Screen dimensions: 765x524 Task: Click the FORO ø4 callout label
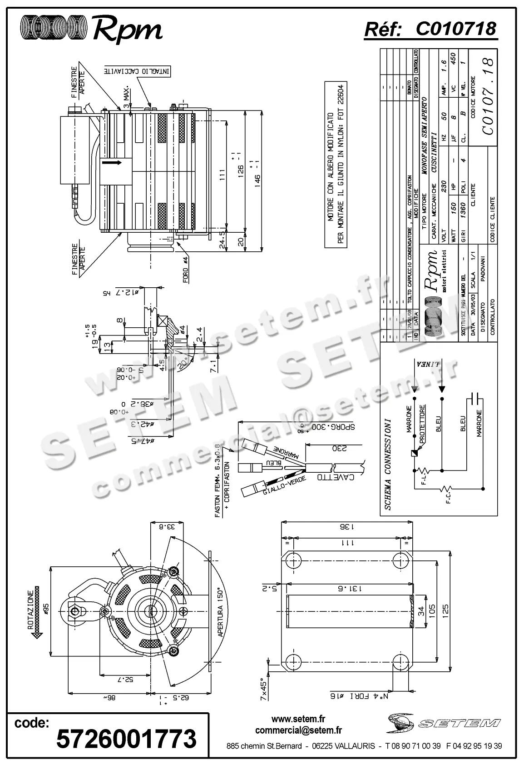tap(186, 270)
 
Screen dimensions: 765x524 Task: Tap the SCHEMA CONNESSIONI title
tap(387, 464)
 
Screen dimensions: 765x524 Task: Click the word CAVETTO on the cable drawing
tap(334, 478)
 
